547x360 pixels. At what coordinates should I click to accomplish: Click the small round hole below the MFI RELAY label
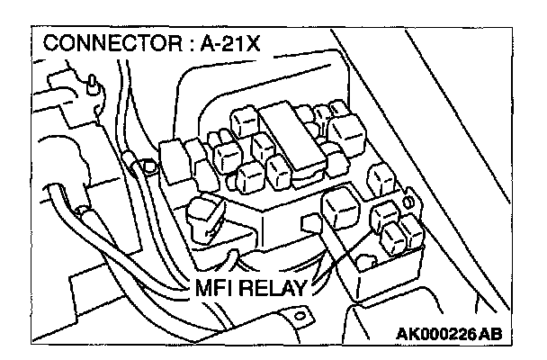[x=300, y=316]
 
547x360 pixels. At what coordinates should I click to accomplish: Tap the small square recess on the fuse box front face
[x=310, y=222]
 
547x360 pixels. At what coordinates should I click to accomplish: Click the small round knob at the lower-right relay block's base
[x=366, y=263]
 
